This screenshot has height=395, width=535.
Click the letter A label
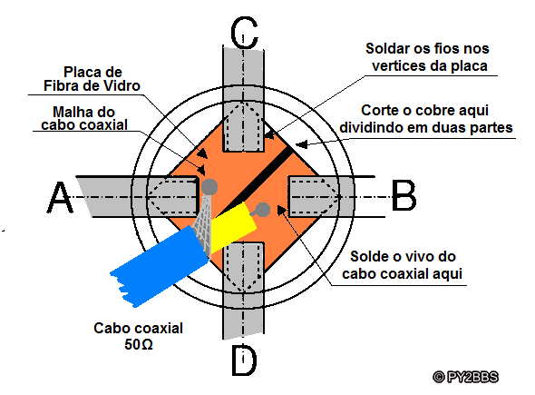[60, 197]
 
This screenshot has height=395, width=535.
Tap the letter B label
[404, 194]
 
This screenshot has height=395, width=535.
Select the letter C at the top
[244, 32]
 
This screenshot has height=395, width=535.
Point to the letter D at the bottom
[244, 360]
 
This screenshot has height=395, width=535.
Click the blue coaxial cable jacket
[160, 267]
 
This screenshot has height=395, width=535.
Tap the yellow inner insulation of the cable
[232, 226]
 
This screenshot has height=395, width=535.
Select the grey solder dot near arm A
[209, 186]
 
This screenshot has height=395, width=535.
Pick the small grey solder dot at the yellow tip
[262, 210]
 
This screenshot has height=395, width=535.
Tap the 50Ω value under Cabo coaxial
[139, 344]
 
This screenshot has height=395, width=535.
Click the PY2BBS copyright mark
[466, 377]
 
